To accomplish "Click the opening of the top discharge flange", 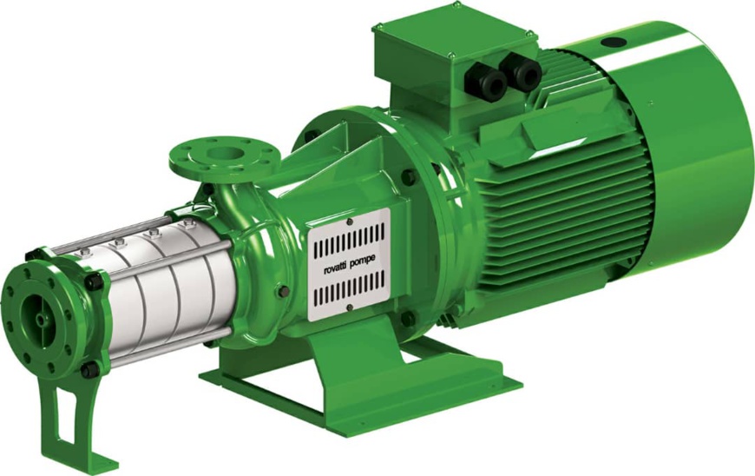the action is [x=222, y=153].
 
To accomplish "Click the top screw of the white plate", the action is [x=350, y=221].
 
